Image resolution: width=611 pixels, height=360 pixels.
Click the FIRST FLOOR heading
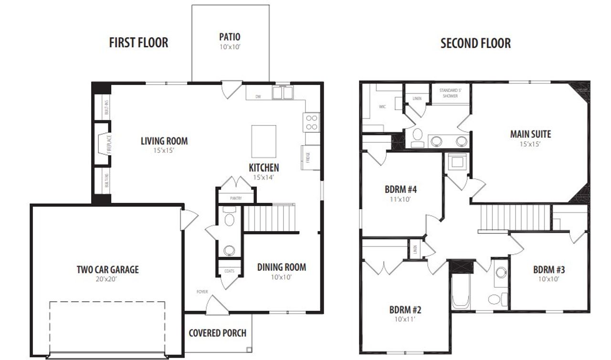pos(138,42)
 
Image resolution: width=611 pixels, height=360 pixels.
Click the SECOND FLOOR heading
pos(475,43)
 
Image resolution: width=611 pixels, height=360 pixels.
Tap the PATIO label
pos(230,37)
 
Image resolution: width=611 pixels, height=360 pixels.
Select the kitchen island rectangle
pos(264,141)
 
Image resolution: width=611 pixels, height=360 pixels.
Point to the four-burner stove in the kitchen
pos(312,122)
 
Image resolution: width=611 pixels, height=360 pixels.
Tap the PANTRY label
pos(236,198)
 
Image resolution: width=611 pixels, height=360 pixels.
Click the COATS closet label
pos(230,271)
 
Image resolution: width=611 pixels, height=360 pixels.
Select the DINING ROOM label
pos(282,267)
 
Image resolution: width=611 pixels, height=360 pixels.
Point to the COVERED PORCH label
pos(218,333)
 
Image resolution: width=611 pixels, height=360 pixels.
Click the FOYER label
pos(202,291)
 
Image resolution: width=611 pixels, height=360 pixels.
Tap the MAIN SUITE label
pos(530,134)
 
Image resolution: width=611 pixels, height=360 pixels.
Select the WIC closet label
pos(382,106)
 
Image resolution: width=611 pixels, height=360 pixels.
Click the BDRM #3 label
pos(549,269)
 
